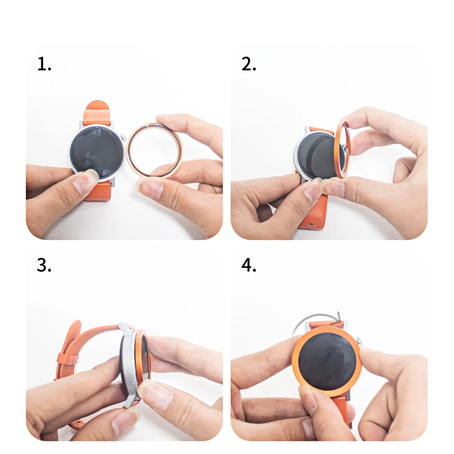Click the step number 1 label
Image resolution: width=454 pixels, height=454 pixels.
pos(44,64)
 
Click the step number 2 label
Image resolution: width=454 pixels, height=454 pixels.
pos(249,64)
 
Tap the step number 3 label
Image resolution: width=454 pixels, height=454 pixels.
pos(44,265)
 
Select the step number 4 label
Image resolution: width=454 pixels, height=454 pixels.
pos(249,265)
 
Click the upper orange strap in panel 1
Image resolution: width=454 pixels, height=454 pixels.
pos(98,113)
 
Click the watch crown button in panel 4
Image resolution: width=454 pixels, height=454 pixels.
pos(360,340)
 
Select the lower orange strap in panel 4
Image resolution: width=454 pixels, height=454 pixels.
pos(341,409)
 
